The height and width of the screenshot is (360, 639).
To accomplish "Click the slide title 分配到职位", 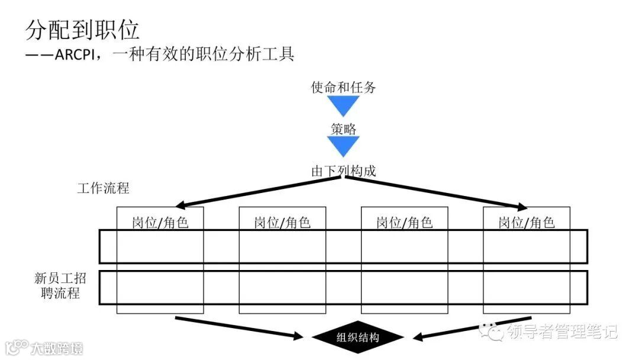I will coord(82,29).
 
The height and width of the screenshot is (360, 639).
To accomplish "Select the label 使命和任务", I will coord(343,88).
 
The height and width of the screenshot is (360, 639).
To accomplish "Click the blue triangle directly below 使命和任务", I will coord(343,105).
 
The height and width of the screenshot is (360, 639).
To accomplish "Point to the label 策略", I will coord(343,129).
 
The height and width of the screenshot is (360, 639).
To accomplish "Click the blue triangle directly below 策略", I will coord(343,145).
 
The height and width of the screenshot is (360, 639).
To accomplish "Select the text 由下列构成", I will coord(343,171).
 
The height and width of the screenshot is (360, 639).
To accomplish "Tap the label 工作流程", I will coord(103,189).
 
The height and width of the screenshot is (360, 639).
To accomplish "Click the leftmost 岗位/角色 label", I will coord(160,223).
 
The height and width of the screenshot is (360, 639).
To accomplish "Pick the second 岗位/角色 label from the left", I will coord(282,223).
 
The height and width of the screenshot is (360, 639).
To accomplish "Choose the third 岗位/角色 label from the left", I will coord(404,223).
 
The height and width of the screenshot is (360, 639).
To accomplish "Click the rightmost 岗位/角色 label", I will coord(527,223).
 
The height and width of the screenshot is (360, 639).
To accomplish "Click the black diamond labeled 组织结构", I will coord(357,338).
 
